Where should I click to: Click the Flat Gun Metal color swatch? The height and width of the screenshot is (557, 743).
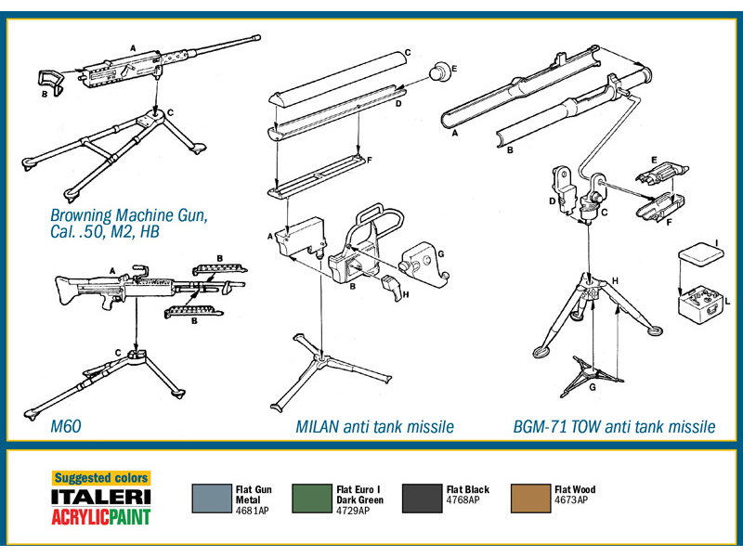[212, 499]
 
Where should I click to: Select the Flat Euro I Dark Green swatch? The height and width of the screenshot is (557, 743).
[312, 499]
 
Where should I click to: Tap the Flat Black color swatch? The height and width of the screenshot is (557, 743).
[422, 499]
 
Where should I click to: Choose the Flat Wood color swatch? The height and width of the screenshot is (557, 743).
[530, 499]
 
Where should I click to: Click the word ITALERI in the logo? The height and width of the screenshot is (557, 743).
[101, 497]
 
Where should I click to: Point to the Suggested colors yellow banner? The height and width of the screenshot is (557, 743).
[101, 478]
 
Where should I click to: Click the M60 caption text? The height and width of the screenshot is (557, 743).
[66, 426]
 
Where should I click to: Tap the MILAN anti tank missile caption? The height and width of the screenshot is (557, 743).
[375, 427]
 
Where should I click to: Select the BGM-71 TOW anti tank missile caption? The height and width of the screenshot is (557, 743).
[614, 427]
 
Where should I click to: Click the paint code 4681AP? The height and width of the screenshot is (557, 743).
[252, 511]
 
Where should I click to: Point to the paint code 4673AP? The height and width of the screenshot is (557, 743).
[571, 500]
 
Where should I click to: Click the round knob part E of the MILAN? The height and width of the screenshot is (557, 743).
[440, 71]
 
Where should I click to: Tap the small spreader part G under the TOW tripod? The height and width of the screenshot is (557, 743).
[592, 376]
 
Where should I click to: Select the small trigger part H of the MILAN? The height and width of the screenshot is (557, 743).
[392, 288]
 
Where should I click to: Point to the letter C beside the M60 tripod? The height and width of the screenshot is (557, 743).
[118, 353]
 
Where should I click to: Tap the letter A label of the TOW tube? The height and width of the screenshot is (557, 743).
[455, 133]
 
